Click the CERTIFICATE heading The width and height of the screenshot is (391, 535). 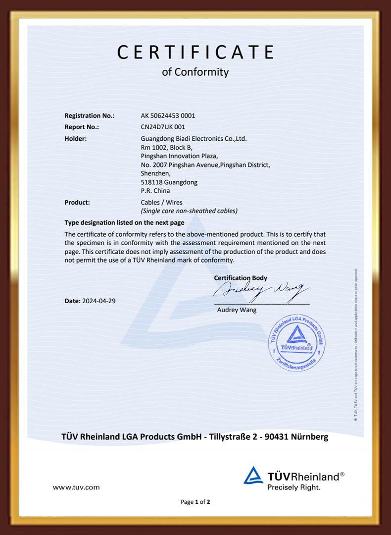coord(195,52)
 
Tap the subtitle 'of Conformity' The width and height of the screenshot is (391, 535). coord(195,72)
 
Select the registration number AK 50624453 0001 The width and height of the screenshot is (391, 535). coord(168,115)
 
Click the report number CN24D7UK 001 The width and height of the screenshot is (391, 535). coord(163,127)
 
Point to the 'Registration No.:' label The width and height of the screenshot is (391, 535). coord(90,115)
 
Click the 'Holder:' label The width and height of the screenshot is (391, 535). coord(76,139)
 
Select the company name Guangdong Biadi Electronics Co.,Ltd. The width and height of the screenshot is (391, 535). coord(194,139)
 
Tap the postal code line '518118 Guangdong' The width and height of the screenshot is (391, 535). coord(169,182)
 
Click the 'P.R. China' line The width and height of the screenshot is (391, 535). coord(155,191)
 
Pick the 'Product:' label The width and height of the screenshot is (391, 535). coord(77,202)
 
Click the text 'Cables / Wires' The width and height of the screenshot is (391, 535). coord(161,202)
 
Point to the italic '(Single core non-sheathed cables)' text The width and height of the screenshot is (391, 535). coord(189,211)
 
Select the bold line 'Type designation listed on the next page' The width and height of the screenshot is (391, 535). coord(124,222)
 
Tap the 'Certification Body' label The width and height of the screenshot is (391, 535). coord(241,278)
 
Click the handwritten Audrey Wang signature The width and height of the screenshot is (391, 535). coord(261,291)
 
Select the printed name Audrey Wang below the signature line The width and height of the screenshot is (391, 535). coord(237,310)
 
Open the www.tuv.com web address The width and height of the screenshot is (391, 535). coord(76,487)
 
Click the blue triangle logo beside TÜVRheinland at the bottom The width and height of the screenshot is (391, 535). coord(253,476)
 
